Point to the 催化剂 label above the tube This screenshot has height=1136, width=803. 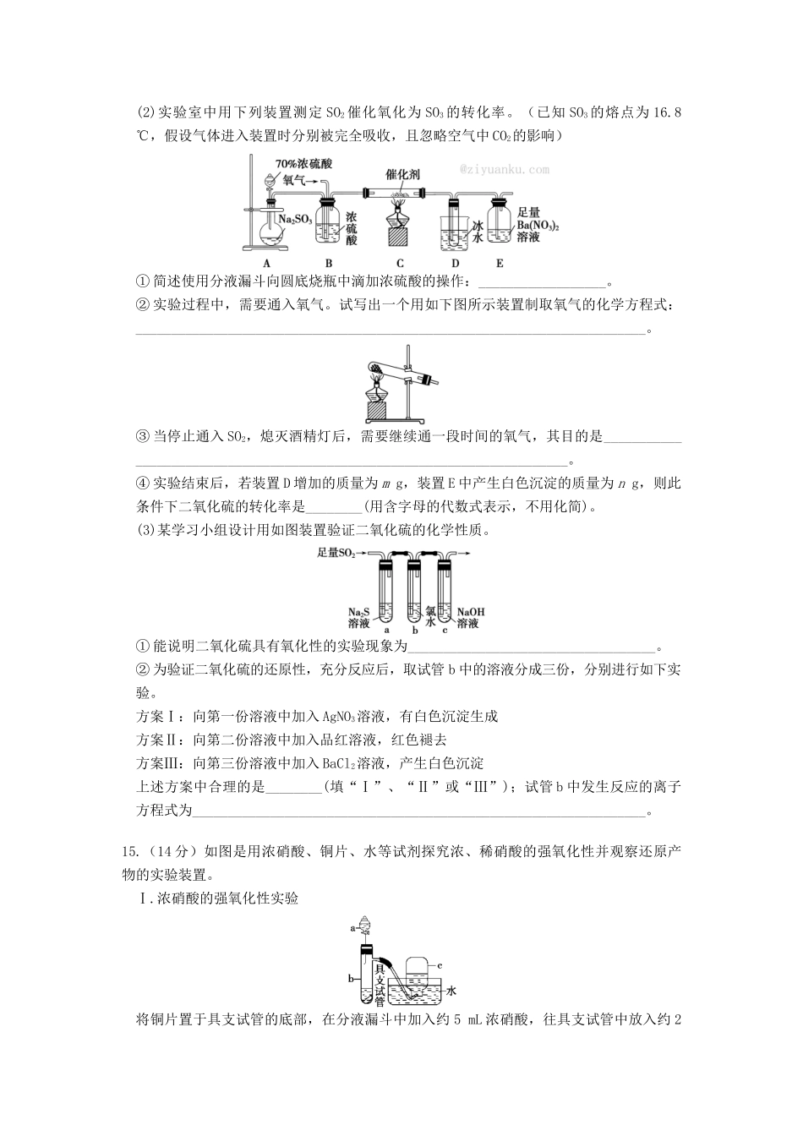pyautogui.click(x=402, y=174)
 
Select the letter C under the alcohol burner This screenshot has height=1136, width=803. pyautogui.click(x=400, y=263)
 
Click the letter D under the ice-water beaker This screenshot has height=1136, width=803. pyautogui.click(x=455, y=263)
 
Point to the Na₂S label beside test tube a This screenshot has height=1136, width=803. pyautogui.click(x=359, y=611)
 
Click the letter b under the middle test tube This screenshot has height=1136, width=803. pyautogui.click(x=414, y=631)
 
